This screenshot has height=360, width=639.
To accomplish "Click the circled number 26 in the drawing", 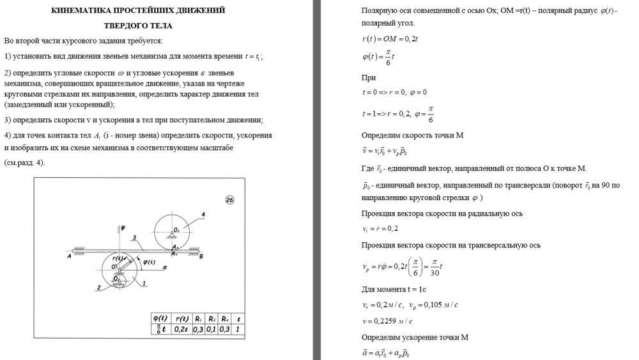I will click(x=231, y=199).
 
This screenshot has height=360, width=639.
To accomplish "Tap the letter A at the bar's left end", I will click(x=68, y=256).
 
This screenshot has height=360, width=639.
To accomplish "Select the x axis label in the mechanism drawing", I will click(x=164, y=267).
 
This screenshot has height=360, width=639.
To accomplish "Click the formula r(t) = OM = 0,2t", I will click(x=390, y=39).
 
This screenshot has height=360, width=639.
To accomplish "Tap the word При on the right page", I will click(x=368, y=77).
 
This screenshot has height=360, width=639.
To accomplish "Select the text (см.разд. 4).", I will click(x=24, y=162).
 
